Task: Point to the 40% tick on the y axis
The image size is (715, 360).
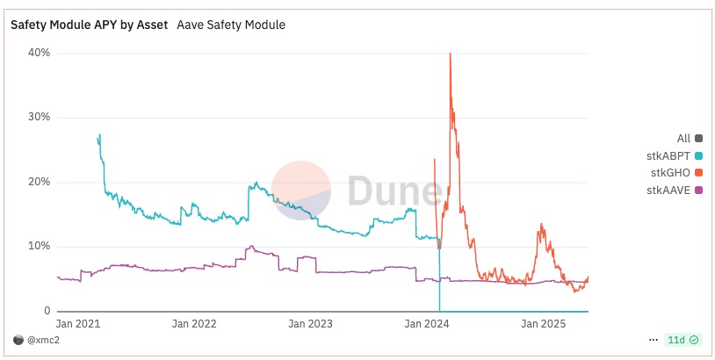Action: click(x=38, y=53)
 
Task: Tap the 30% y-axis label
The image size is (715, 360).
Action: click(x=38, y=117)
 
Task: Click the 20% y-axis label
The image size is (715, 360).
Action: click(x=38, y=182)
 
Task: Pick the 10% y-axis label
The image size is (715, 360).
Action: click(x=38, y=247)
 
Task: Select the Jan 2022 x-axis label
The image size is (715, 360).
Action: click(x=194, y=324)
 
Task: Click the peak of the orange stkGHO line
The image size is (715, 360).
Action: click(x=450, y=54)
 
